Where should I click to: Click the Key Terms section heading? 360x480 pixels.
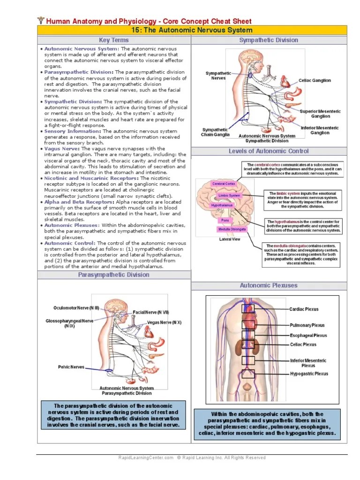point(114,40)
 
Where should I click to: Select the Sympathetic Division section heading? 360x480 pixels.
point(269,40)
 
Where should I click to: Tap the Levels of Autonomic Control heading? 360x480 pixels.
point(269,151)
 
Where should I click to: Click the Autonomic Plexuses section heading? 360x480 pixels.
point(269,285)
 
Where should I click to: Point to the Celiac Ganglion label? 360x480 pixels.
point(315,81)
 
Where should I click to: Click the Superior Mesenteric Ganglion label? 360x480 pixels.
point(320,113)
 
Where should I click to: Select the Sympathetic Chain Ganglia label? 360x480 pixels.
point(216,132)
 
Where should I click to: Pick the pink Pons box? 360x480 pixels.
point(225,220)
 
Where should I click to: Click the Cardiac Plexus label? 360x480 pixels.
point(304,309)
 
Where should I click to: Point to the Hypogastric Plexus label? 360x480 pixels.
point(309,374)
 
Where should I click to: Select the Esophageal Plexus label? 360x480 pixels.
point(308,336)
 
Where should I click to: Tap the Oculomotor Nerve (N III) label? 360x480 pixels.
point(76,308)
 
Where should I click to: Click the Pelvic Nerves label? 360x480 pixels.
point(71,367)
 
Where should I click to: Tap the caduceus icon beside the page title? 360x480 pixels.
point(40,21)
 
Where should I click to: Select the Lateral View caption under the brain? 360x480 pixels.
point(230,239)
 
